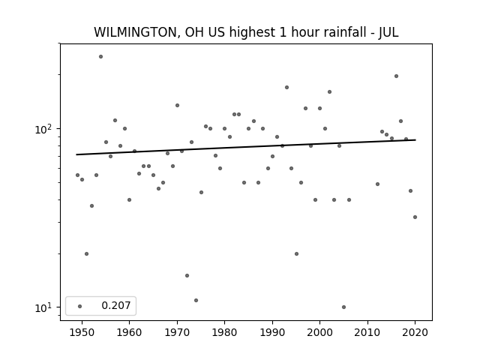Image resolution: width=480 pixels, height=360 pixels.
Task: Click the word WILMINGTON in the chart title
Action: [x=134, y=32]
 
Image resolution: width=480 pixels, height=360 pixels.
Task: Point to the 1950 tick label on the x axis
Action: [x=82, y=332]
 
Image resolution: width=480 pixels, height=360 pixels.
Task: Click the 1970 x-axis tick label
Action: [x=177, y=332]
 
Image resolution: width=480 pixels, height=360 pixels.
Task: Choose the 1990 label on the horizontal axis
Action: [x=272, y=332]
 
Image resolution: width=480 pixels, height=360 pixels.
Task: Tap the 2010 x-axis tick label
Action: [x=367, y=332]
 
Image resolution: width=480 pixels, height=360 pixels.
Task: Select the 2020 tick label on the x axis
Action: [x=415, y=332]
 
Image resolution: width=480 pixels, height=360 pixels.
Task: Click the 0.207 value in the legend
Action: [x=116, y=305]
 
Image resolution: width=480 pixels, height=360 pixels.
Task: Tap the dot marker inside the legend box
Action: [x=80, y=306]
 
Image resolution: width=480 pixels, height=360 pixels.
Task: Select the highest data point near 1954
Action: [x=100, y=57]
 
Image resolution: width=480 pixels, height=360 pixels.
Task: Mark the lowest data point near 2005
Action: [x=343, y=307]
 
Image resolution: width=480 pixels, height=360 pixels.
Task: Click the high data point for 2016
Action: [x=396, y=76]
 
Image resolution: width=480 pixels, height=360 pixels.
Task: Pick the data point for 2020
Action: [x=415, y=217]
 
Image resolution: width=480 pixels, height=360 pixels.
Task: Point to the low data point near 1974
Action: [x=196, y=300]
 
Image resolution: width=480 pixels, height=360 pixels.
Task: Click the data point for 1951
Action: [x=87, y=253]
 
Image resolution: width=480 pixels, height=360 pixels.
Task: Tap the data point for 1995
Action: [x=296, y=253]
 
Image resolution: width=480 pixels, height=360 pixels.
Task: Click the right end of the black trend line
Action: [x=415, y=140]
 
